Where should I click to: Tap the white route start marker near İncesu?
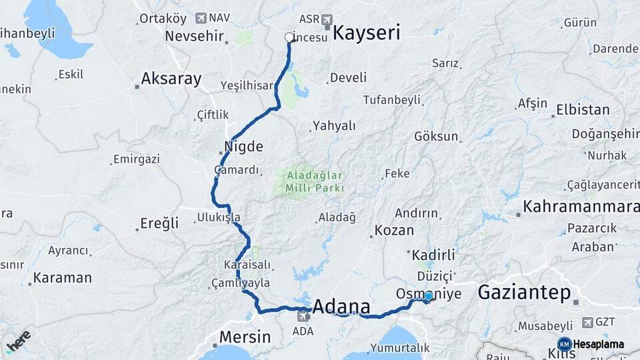289,37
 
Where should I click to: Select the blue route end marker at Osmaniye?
428,296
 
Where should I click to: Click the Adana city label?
341,307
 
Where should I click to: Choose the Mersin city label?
245,337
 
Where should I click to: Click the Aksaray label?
171,79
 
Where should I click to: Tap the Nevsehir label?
193,36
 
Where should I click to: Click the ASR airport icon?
327,19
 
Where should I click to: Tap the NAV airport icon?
201,18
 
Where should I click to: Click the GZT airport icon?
587,322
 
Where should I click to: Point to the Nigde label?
245,146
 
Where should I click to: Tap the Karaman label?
62,277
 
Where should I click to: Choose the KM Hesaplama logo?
591,345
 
